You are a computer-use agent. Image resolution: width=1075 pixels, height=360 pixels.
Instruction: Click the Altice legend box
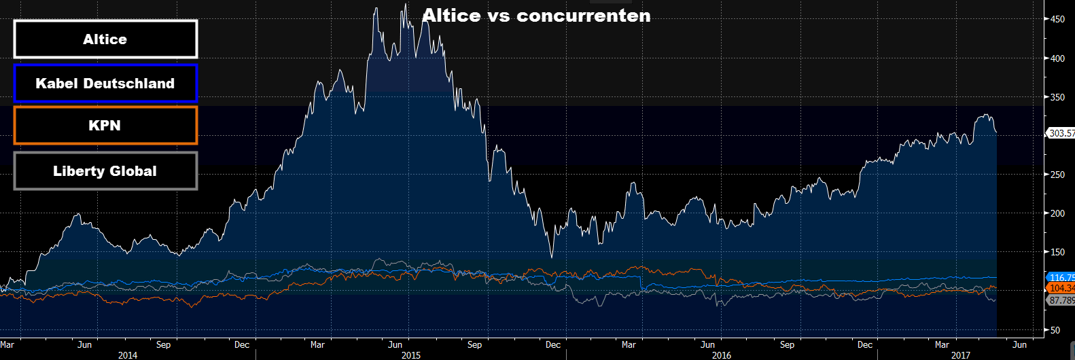pos(105,39)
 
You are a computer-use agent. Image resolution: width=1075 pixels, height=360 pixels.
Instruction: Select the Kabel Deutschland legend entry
pos(105,84)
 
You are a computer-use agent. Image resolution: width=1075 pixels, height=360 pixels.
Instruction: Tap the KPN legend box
pos(105,126)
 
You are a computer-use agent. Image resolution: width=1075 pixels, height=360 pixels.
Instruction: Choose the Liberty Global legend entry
pos(105,171)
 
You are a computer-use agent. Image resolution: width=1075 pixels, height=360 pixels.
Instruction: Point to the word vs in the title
pos(498,16)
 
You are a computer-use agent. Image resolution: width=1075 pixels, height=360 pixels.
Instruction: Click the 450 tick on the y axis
pos(1057,20)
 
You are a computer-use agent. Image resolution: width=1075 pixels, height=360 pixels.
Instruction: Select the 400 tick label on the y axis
pos(1057,58)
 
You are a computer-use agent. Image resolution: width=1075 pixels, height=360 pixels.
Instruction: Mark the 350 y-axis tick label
pos(1057,97)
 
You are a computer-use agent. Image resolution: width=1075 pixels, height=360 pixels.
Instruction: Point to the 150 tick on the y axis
pos(1057,252)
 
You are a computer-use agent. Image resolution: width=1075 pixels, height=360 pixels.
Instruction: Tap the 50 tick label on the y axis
pos(1055,330)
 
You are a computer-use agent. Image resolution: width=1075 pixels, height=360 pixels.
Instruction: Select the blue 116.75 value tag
pos(1061,278)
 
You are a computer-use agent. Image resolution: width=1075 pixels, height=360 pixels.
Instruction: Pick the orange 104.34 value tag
pos(1061,289)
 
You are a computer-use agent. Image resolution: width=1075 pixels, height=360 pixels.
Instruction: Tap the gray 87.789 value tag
pos(1061,300)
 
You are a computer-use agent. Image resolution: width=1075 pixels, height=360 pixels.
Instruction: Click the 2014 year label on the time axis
pos(128,355)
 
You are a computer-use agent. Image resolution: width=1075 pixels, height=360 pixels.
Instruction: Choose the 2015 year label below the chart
pos(411,355)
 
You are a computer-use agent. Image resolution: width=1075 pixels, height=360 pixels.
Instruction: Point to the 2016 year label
pos(722,355)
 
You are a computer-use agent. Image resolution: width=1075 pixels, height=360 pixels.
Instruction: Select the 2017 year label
pos(961,355)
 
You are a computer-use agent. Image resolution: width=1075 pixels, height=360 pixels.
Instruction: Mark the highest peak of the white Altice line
pos(406,5)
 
